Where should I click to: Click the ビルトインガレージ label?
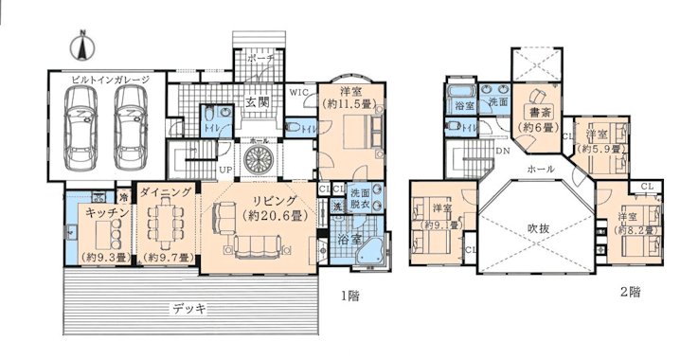point(110,80)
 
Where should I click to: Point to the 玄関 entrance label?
point(257,102)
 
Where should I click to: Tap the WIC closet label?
point(296,93)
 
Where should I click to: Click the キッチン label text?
point(94,213)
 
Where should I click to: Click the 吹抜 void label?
point(537,227)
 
